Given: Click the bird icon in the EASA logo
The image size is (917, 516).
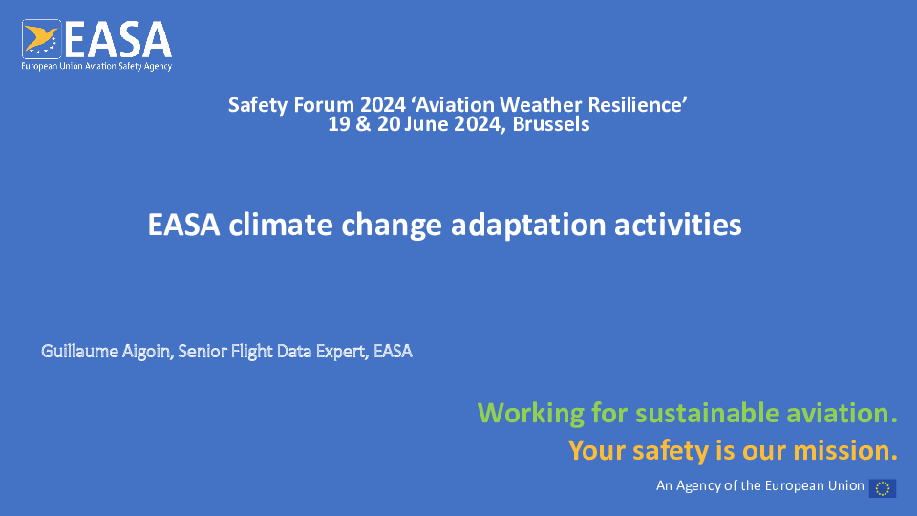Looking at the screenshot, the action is (41, 39).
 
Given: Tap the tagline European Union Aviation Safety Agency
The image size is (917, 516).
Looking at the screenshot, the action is (96, 66).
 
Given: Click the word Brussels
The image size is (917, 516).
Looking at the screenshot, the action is (551, 124).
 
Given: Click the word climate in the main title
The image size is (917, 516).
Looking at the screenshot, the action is (280, 225).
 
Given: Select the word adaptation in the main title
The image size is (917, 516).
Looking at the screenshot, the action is (528, 226).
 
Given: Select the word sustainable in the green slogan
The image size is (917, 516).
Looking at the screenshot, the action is (708, 413).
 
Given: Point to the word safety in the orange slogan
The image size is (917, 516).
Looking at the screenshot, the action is (671, 451).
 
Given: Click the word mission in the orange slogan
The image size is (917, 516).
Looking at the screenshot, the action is (842, 450).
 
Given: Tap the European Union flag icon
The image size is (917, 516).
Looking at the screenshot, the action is (883, 488).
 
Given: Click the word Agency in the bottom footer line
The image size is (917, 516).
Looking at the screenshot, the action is (698, 486).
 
